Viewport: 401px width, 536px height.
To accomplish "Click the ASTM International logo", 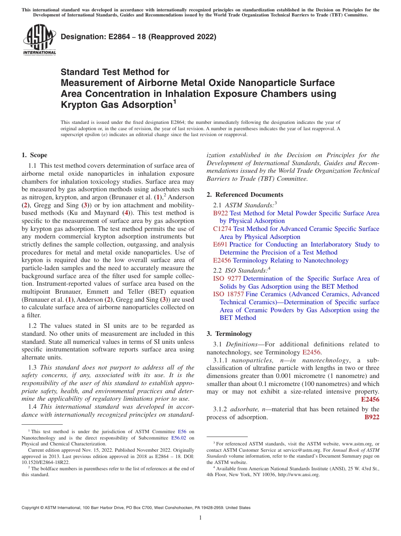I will [39, 40].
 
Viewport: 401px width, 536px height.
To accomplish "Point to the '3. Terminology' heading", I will [229, 333].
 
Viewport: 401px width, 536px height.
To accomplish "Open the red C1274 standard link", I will [222, 229].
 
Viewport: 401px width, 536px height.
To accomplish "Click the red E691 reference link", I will [220, 244].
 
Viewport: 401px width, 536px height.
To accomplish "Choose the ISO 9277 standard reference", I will [227, 279].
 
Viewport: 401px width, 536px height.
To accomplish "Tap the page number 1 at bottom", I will [200, 518].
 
